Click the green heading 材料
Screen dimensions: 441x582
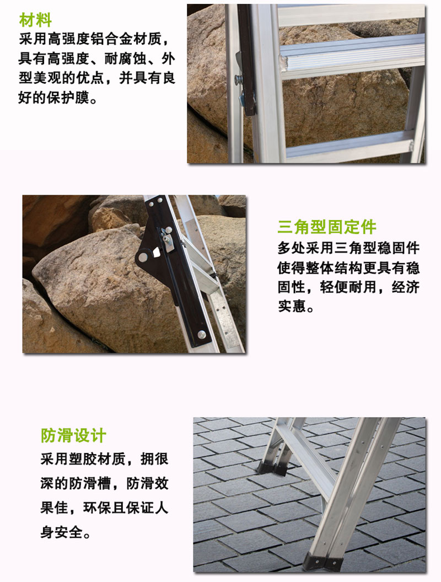click(x=35, y=20)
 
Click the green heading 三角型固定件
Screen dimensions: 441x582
click(x=327, y=227)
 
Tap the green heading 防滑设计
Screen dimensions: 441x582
click(x=73, y=435)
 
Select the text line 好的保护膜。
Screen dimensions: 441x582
click(x=57, y=98)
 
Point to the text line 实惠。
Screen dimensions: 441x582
click(x=295, y=306)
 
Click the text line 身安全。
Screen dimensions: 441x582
click(x=65, y=533)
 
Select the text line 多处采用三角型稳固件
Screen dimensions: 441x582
click(x=348, y=248)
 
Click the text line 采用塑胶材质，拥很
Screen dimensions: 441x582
click(x=104, y=459)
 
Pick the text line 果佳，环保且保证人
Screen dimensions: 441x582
click(x=104, y=508)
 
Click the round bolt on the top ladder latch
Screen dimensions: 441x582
click(x=238, y=79)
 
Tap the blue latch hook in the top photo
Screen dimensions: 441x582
click(x=241, y=98)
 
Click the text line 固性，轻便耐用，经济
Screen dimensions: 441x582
click(x=348, y=287)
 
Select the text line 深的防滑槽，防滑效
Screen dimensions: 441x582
click(x=104, y=483)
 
